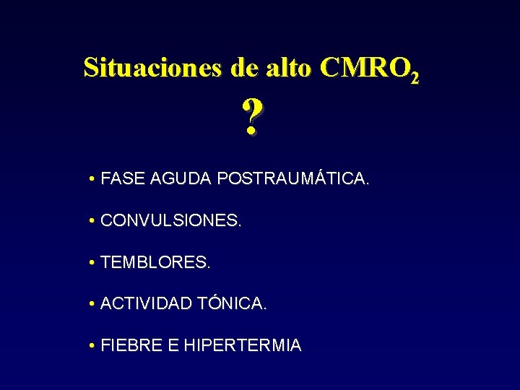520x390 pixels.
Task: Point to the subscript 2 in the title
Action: (x=414, y=75)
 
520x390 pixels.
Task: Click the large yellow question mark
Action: (x=251, y=117)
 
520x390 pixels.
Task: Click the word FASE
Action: (x=123, y=178)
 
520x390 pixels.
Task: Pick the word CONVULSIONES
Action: (x=171, y=220)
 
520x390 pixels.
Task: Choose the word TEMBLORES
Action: (x=156, y=262)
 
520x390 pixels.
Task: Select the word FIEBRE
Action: (x=132, y=346)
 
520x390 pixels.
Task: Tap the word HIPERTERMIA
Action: (x=243, y=346)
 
